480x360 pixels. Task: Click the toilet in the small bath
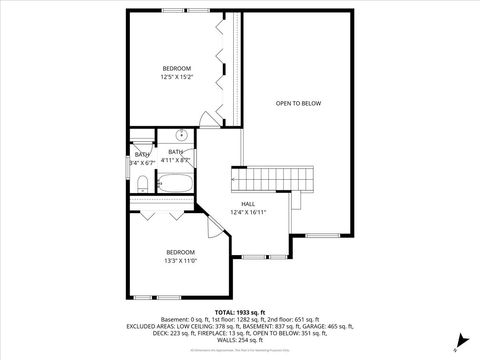click(x=142, y=183)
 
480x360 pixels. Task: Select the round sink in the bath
click(x=182, y=135)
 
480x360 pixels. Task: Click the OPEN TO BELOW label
click(x=298, y=103)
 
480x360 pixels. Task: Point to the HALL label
click(x=248, y=203)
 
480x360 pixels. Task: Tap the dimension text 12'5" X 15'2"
click(x=177, y=76)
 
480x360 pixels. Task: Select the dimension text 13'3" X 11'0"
click(x=180, y=259)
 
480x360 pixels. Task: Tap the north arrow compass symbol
click(x=455, y=345)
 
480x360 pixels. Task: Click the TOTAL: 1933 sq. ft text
click(x=240, y=312)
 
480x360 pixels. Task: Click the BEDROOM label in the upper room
click(x=177, y=68)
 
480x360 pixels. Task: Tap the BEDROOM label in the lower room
click(x=180, y=251)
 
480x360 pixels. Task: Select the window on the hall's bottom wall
click(x=255, y=257)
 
